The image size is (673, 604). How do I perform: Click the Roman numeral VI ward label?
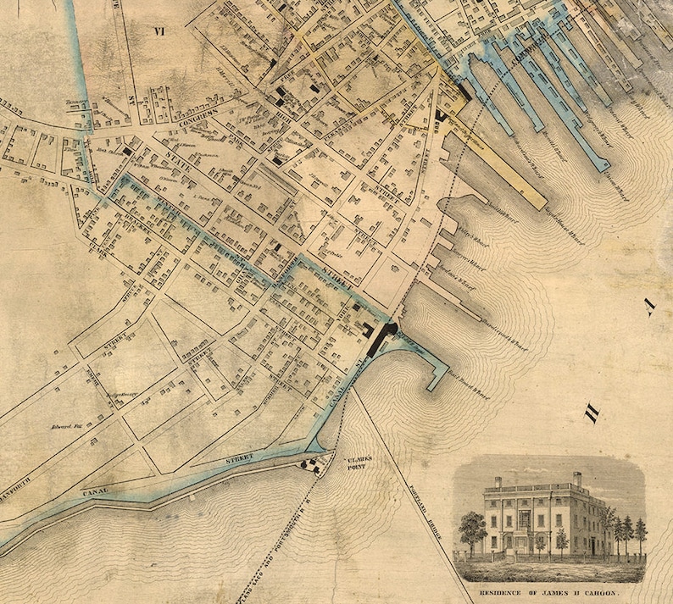pyautogui.click(x=158, y=32)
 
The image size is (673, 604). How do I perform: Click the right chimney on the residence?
pyautogui.click(x=576, y=479)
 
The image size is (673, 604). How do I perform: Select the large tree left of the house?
pyautogui.click(x=471, y=529)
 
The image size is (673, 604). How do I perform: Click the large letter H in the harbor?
pyautogui.click(x=591, y=414)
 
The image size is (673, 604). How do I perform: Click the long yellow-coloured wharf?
pyautogui.click(x=509, y=165)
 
